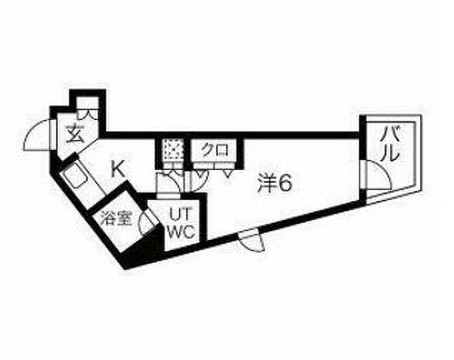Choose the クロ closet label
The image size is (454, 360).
tap(215, 150)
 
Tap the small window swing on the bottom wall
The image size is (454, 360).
tap(250, 241)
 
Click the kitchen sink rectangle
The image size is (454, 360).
tap(77, 176)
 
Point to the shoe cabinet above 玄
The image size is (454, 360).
tap(90, 108)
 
